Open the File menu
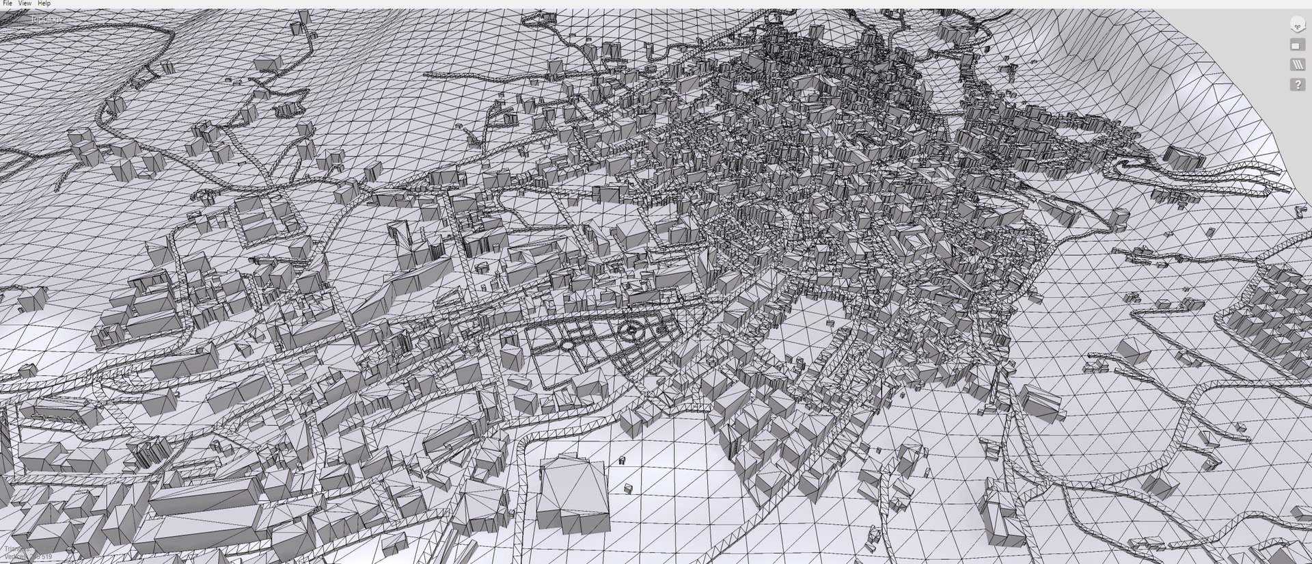coord(8,3)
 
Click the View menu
coord(25,3)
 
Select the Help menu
coord(44,3)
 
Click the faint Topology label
coord(46,20)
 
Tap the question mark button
coord(1297,85)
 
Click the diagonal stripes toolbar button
coord(1297,65)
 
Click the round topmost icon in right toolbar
coord(1297,25)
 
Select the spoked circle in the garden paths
coord(631,331)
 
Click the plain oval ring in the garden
coord(567,346)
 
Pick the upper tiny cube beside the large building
coord(622,461)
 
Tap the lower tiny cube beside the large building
coord(628,488)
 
